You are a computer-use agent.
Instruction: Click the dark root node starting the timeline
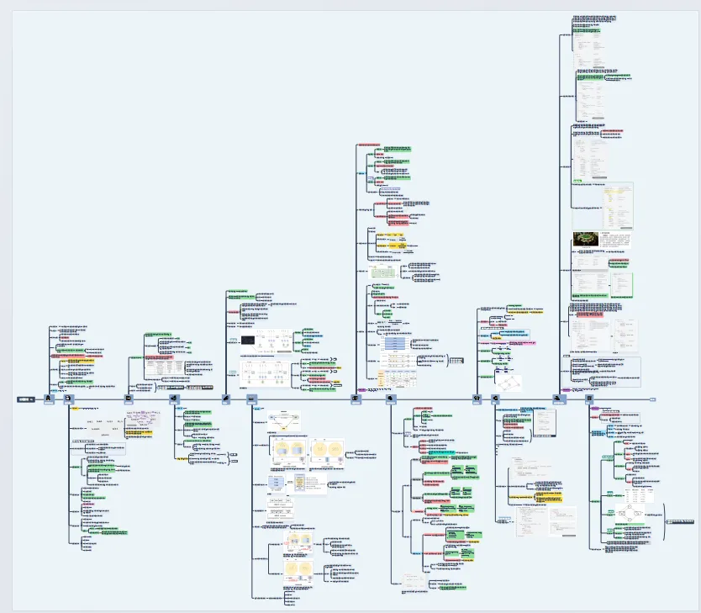coord(25,399)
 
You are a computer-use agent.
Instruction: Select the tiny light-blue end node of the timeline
coord(653,399)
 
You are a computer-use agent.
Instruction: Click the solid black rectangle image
coord(250,340)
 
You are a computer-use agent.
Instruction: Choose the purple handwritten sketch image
coord(140,420)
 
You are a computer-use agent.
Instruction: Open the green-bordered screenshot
coord(621,283)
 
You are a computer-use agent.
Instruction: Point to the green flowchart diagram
coord(383,272)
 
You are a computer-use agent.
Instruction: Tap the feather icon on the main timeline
coord(226,399)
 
